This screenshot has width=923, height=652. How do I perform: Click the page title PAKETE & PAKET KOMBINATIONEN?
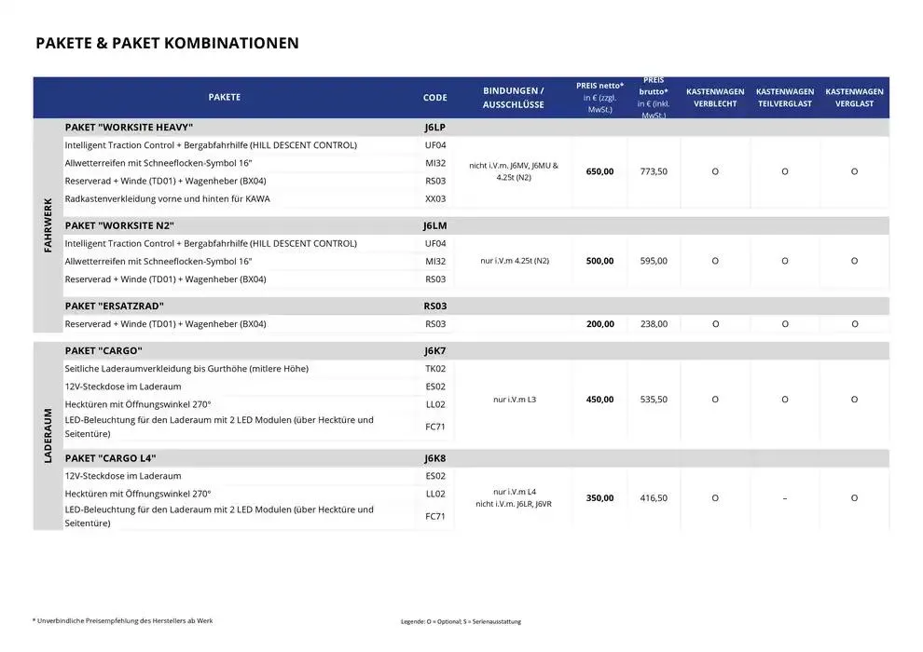click(167, 43)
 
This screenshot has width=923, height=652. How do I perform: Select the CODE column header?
click(434, 98)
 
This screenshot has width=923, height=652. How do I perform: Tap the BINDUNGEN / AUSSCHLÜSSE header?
click(513, 98)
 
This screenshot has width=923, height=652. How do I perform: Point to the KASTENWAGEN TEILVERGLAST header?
click(784, 98)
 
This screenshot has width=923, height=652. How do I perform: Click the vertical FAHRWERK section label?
click(48, 225)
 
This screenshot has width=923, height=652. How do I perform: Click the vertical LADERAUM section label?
click(48, 436)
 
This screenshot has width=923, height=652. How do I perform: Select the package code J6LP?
click(434, 128)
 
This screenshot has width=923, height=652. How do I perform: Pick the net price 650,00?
click(599, 171)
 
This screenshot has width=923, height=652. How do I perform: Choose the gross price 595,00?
click(654, 261)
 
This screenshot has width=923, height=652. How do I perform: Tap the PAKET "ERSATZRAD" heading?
click(115, 306)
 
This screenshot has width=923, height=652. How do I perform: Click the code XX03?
click(435, 198)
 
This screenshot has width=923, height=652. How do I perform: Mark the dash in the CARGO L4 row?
click(785, 498)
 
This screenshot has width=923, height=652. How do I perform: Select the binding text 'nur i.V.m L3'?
click(514, 400)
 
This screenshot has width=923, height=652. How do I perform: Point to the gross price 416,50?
click(654, 498)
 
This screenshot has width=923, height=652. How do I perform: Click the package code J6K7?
click(434, 351)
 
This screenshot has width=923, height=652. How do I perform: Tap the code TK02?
click(435, 369)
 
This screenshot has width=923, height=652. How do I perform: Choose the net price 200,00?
click(599, 324)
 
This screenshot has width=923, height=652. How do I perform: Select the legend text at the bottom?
click(461, 621)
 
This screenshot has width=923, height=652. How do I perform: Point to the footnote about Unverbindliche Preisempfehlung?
click(122, 620)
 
